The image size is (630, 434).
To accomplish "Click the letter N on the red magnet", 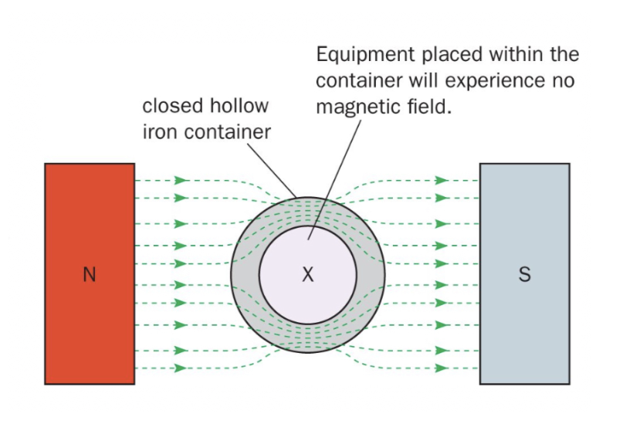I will (90, 275).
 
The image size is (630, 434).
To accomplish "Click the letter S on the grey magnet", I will (524, 275).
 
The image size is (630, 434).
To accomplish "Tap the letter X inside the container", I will (307, 274).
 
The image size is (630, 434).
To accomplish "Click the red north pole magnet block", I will (90, 232).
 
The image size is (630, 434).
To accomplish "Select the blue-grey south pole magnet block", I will (524, 232).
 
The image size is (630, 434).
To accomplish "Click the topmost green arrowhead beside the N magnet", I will (181, 181).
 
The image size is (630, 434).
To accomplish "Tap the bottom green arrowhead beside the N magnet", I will (181, 368).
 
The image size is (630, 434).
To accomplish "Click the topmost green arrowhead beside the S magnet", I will (442, 181).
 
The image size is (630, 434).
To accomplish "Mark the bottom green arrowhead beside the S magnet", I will (442, 368).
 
